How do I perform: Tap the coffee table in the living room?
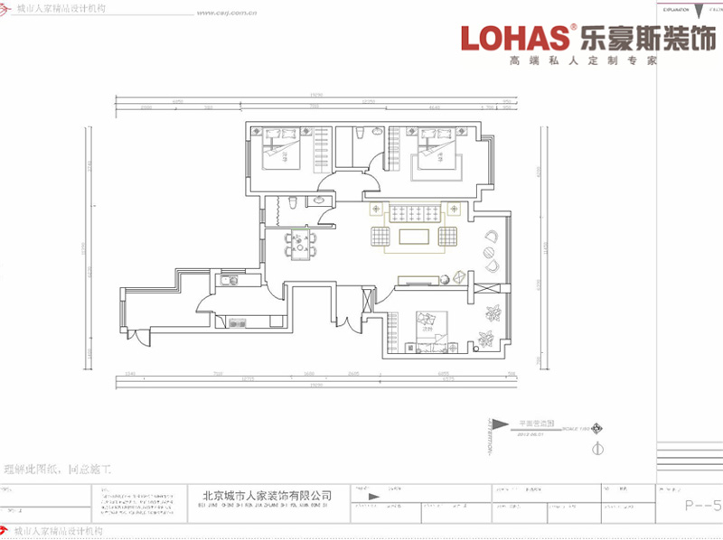click(x=415, y=237)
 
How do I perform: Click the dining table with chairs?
click(x=298, y=241)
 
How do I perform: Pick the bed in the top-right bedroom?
click(x=438, y=151)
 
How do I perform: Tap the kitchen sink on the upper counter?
click(x=230, y=281)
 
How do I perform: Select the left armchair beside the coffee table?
click(x=380, y=237)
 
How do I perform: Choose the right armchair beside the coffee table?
click(x=447, y=237)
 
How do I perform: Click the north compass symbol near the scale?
click(x=596, y=449)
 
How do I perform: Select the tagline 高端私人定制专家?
click(x=582, y=61)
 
